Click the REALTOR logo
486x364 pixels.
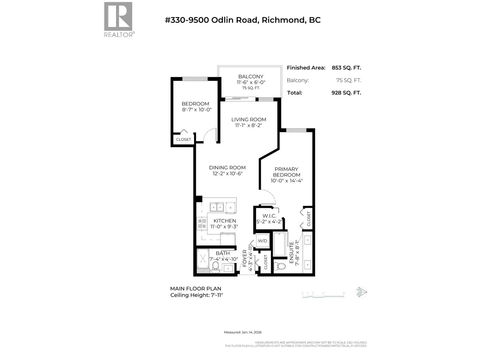tap(119, 20)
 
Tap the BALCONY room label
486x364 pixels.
tap(251, 76)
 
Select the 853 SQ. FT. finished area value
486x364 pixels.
tap(346, 68)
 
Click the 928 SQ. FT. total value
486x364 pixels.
tap(346, 93)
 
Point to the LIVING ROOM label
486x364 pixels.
tap(249, 120)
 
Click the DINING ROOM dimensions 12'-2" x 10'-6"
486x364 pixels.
tap(228, 174)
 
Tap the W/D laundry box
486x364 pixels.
tap(263, 241)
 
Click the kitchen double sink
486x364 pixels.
tap(217, 207)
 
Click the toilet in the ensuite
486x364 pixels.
tap(280, 266)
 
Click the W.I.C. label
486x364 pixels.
tap(269, 216)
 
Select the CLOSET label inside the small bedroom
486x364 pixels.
tap(183, 140)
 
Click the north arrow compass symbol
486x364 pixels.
tap(361, 292)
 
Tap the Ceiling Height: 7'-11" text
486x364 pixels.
tap(197, 295)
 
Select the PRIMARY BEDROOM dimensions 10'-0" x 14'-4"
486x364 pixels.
tap(286, 180)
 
